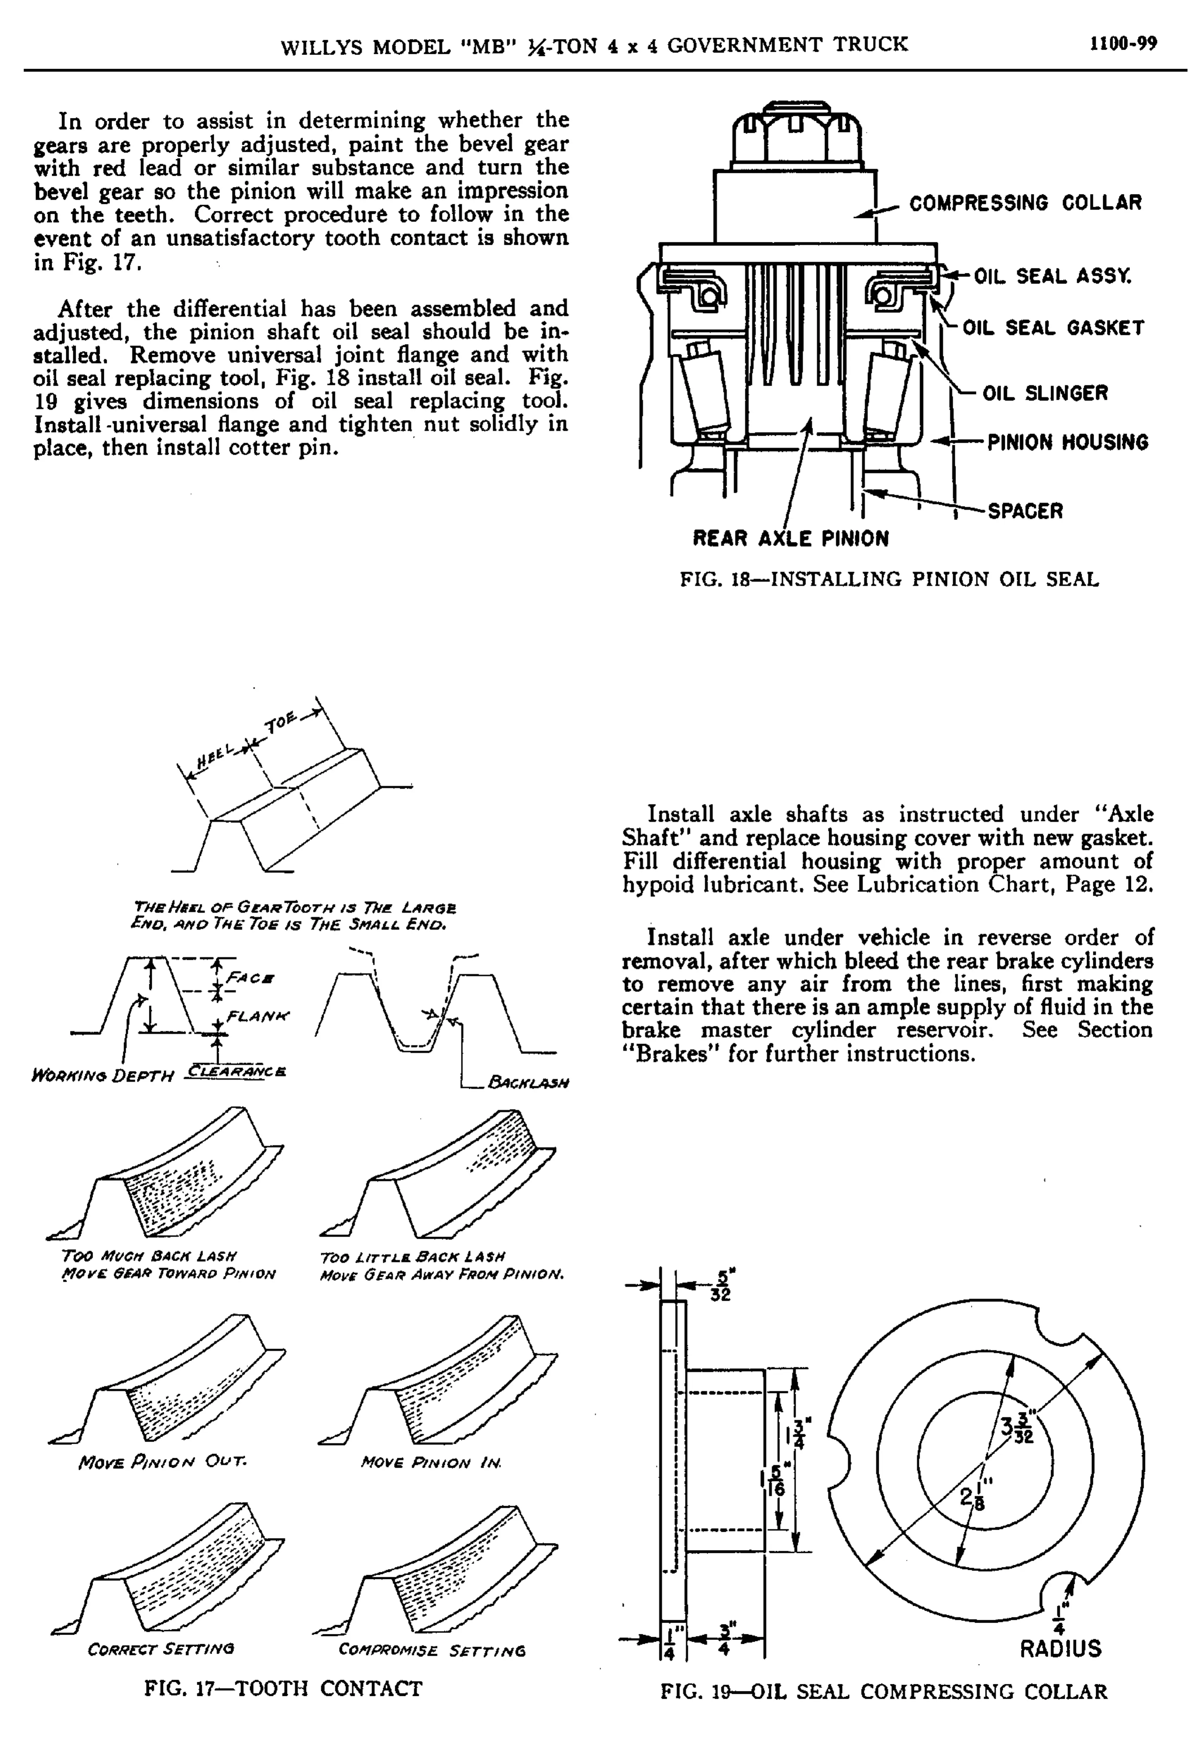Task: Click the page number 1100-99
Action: [1123, 44]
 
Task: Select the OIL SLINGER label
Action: [1045, 393]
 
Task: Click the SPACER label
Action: [1025, 511]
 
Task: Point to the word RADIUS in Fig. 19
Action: [1060, 1648]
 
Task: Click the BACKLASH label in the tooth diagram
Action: [528, 1082]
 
